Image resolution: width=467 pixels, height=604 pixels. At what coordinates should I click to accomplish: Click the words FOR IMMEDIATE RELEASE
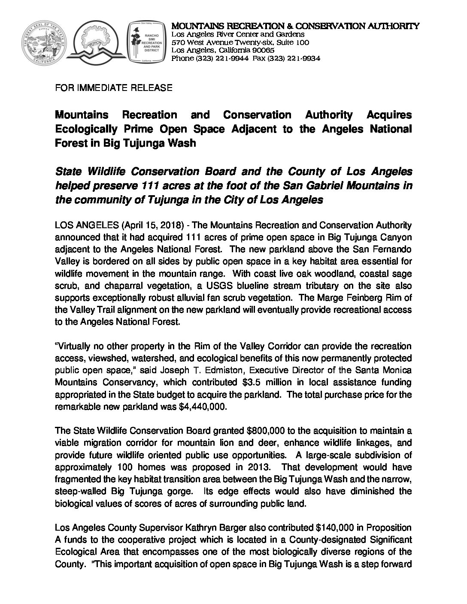pos(114,88)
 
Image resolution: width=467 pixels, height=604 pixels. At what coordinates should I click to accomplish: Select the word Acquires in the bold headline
pos(389,115)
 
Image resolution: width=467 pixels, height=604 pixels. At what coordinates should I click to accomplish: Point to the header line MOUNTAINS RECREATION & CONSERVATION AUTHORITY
pos(295,26)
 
